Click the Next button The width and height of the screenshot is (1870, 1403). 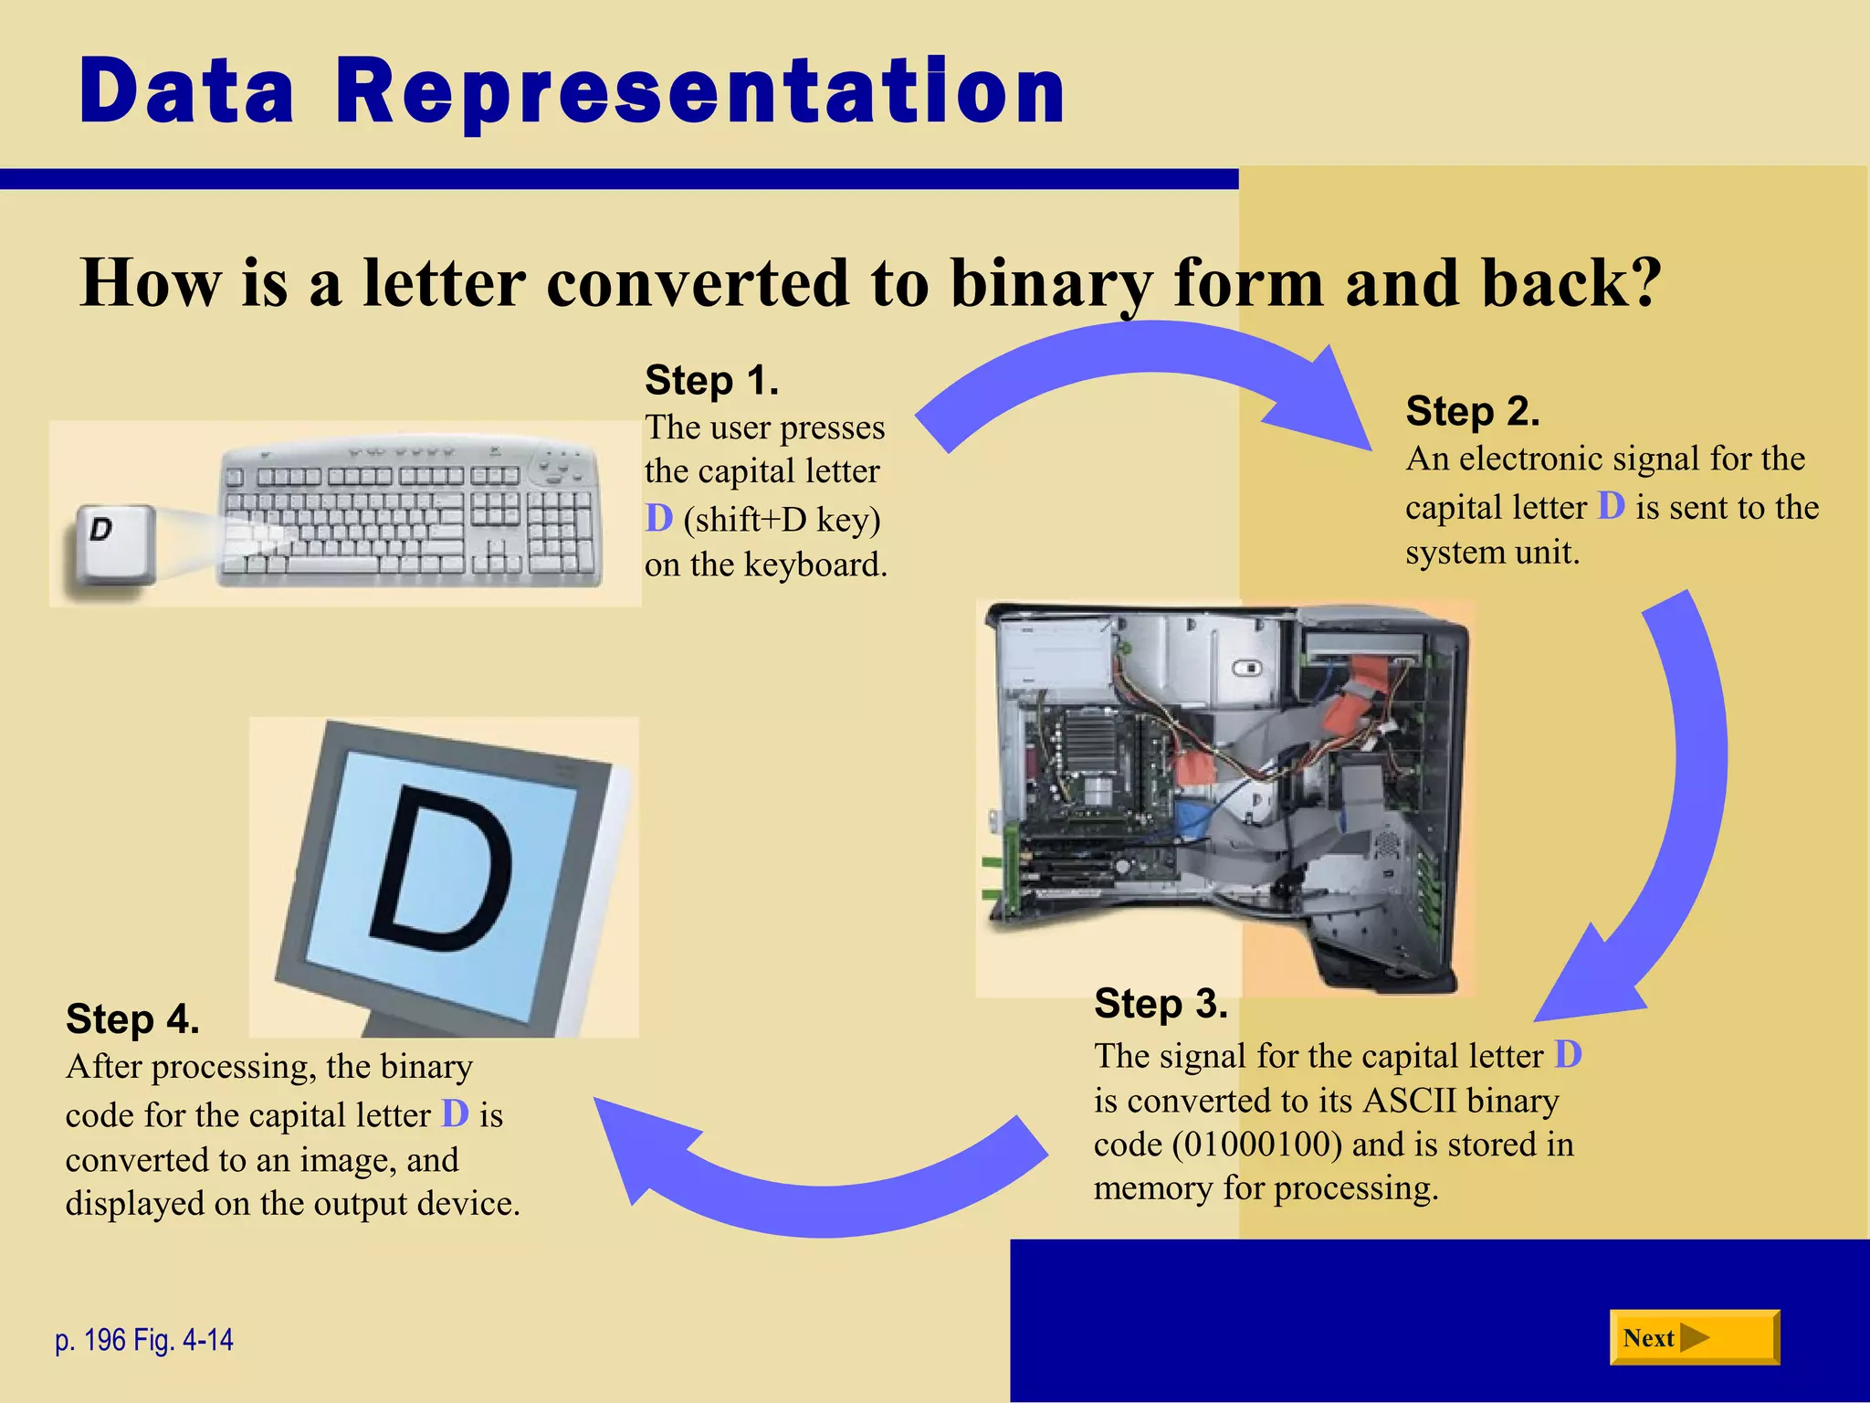coord(1694,1338)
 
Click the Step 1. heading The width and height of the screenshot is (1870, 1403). coord(711,380)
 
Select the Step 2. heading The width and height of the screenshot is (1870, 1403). coord(1472,411)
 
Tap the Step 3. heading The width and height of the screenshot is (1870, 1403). coord(1161,1004)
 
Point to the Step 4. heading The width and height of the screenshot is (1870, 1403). coord(132,1019)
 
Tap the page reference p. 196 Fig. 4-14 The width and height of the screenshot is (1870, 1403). coord(144,1340)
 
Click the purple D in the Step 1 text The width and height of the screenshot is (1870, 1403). coord(658,519)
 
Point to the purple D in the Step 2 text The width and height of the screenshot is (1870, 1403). coord(1611,506)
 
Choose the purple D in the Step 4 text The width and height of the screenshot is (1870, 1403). coord(455,1114)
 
